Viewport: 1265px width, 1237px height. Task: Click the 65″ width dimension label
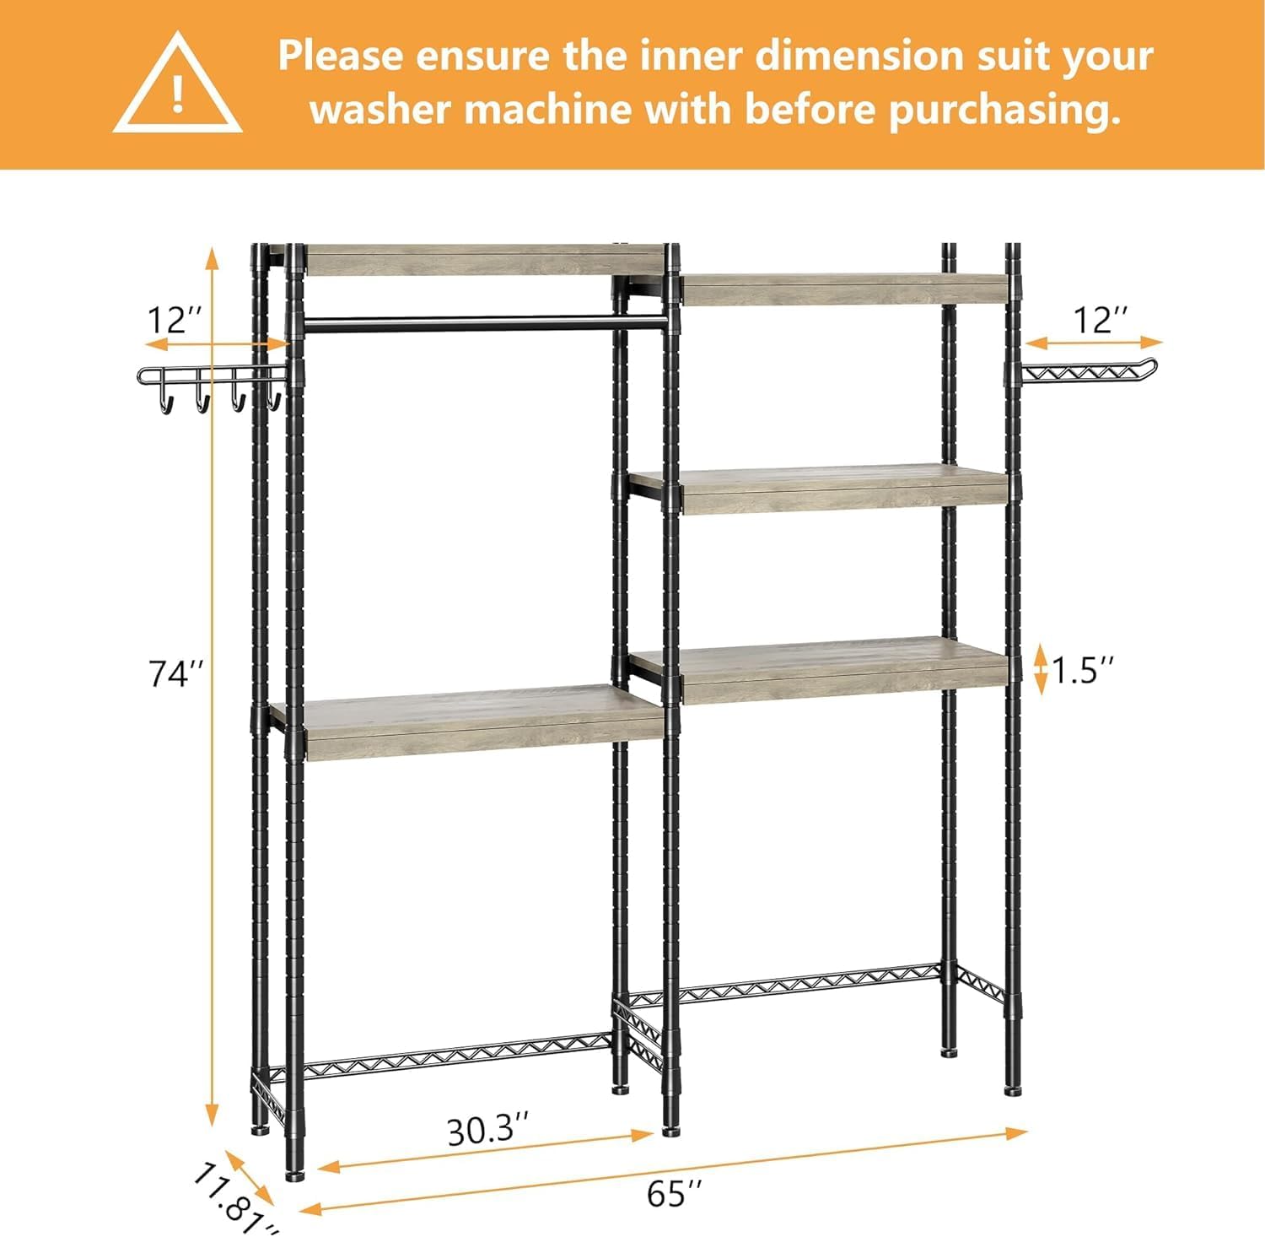674,1193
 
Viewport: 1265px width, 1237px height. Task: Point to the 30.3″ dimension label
488,1130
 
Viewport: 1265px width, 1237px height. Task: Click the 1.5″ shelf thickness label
1083,671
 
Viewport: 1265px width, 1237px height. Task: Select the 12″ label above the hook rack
175,321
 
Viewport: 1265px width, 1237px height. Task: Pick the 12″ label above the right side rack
1100,321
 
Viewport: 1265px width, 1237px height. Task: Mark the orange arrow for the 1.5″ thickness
1041,669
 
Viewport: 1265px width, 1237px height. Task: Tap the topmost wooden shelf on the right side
843,289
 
